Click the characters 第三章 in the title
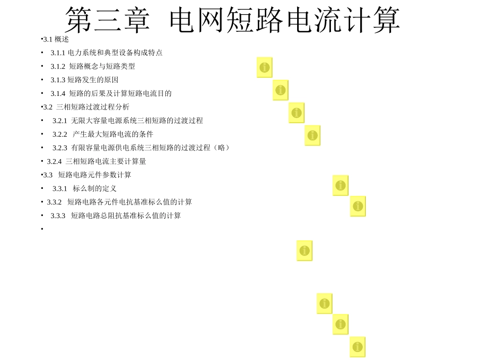point(108,21)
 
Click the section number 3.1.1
point(58,53)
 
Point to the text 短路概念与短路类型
point(102,66)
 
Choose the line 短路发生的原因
point(93,80)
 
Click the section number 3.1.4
point(58,93)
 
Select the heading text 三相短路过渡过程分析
point(93,107)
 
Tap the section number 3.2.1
point(60,121)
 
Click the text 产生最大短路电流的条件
point(113,134)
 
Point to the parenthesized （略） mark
point(222,148)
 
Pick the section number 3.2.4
point(54,162)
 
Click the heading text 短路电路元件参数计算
point(94,175)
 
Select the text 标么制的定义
point(94,189)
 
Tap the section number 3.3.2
point(54,202)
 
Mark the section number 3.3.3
point(58,216)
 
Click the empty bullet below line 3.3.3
point(42,229)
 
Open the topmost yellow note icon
point(264,67)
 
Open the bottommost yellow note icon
point(357,347)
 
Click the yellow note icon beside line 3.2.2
point(312,135)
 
